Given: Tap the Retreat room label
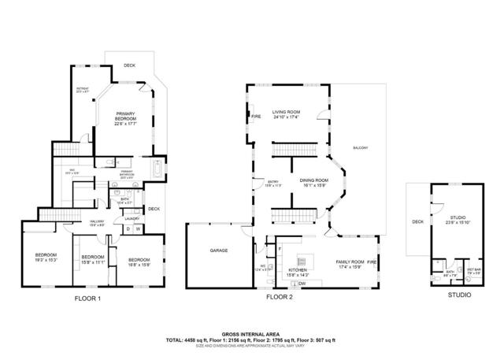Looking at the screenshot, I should pos(81,91).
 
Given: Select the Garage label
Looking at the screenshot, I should pos(218,251).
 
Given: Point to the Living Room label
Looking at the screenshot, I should pos(285,115).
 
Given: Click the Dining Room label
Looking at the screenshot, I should pos(313,183).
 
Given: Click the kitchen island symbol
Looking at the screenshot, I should pos(300,260).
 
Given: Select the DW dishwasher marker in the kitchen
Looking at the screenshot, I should pos(302,284).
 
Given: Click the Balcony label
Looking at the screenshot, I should pos(360,148).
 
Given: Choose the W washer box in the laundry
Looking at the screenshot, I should pos(138,229).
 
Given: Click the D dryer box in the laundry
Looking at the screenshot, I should pos(128,229).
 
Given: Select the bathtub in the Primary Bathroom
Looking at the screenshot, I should pos(157,169).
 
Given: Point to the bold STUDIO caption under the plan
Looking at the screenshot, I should pos(459,295).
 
